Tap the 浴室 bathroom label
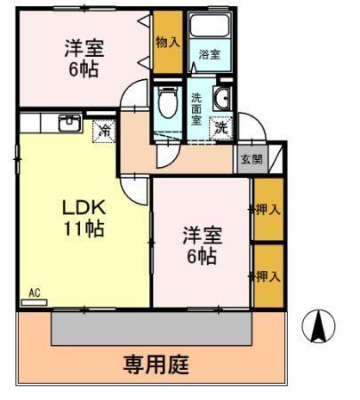tap(209, 54)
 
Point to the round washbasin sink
tap(222, 98)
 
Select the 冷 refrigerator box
tap(105, 130)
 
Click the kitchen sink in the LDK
tap(66, 123)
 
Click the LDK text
tap(84, 207)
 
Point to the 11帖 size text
tap(84, 230)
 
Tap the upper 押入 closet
tap(268, 210)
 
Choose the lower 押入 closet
tap(268, 276)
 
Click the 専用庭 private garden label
tap(155, 364)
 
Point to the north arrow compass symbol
tap(318, 327)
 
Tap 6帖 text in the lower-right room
tap(201, 257)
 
